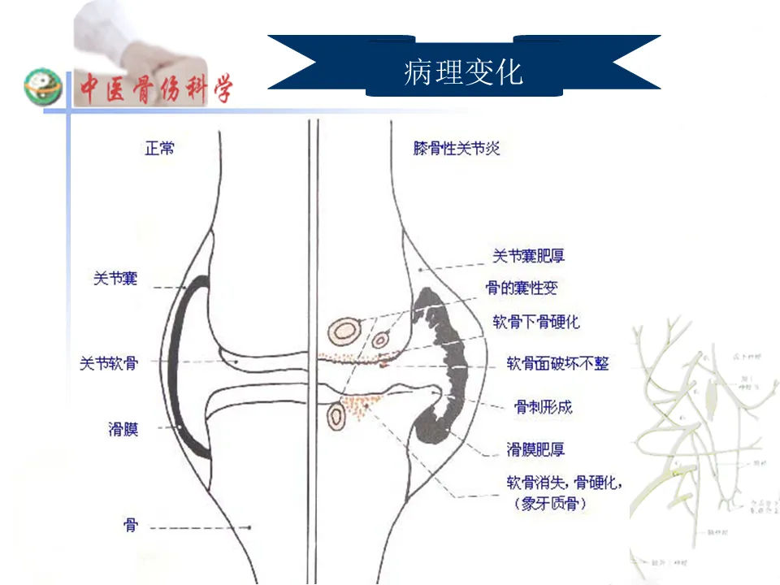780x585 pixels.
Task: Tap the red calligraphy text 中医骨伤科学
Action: pyautogui.click(x=154, y=88)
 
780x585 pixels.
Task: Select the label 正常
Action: pyautogui.click(x=159, y=149)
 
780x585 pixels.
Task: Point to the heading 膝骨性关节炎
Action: pyautogui.click(x=456, y=149)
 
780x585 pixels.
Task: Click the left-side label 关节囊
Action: pyautogui.click(x=115, y=279)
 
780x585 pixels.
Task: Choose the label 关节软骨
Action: pyautogui.click(x=108, y=363)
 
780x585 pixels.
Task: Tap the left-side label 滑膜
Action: pyautogui.click(x=123, y=428)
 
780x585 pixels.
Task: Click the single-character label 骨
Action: pyautogui.click(x=130, y=526)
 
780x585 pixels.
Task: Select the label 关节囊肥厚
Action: pyautogui.click(x=528, y=256)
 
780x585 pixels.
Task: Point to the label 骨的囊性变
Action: pyautogui.click(x=521, y=288)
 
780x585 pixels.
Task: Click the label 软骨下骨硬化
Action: pyautogui.click(x=536, y=321)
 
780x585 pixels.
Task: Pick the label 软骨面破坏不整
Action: pyautogui.click(x=557, y=363)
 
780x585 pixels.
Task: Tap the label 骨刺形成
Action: pyautogui.click(x=542, y=406)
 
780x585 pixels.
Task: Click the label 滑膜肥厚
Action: pyautogui.click(x=536, y=448)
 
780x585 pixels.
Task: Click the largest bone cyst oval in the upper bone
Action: pyautogui.click(x=345, y=329)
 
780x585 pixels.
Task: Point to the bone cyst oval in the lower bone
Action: pyautogui.click(x=335, y=418)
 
